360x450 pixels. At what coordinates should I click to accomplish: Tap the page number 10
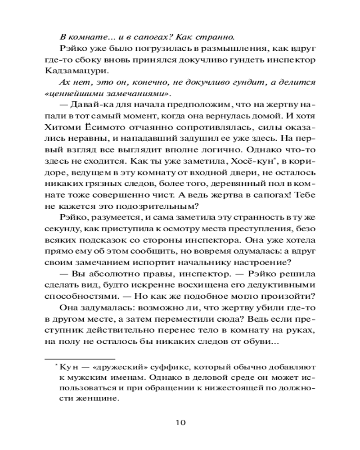pyautogui.click(x=180, y=423)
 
